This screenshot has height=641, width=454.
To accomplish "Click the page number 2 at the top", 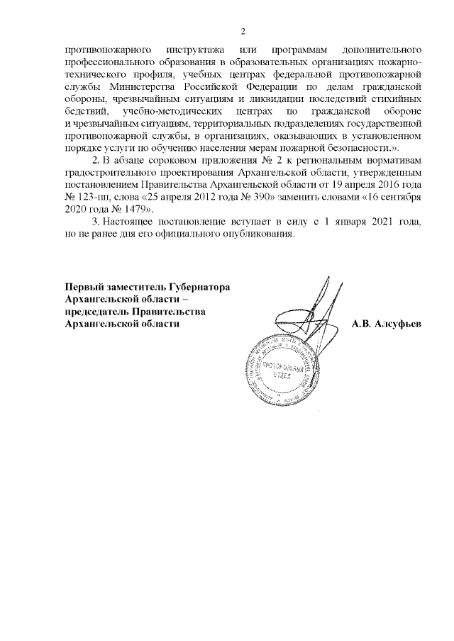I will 243,31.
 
